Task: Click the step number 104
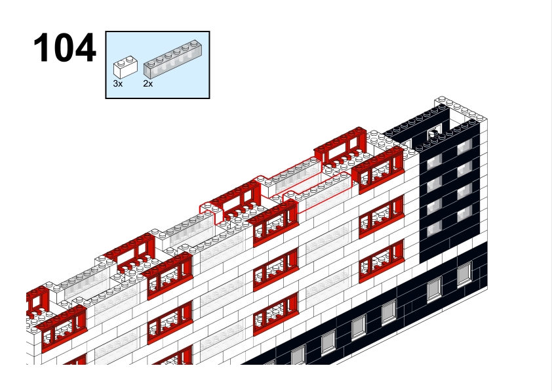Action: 64,48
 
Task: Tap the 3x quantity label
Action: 117,84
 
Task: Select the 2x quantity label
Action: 148,84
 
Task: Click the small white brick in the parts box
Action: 125,66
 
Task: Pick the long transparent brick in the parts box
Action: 172,60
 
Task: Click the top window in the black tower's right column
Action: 464,146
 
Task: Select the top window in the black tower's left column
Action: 434,162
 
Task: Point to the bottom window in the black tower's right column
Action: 464,213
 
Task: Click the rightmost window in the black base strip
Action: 464,274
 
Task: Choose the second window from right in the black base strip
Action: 434,289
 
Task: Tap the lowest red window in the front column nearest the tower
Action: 382,261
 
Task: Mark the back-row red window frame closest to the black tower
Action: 341,148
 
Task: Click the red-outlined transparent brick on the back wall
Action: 293,177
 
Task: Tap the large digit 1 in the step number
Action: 40,48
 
